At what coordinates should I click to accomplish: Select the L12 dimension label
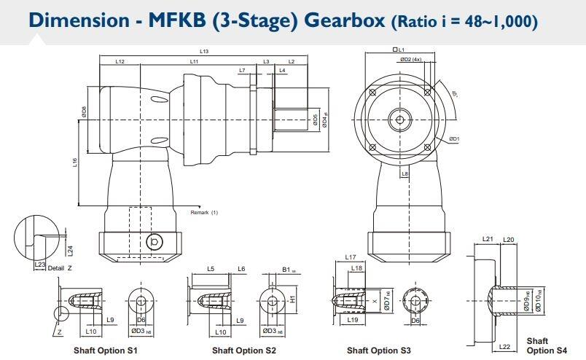click(x=120, y=62)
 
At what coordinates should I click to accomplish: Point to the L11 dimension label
click(x=194, y=62)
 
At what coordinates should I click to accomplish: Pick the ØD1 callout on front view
click(x=453, y=138)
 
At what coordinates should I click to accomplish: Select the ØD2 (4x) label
click(x=412, y=59)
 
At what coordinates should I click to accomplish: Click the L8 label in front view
click(x=405, y=173)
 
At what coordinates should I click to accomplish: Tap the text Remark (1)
click(x=204, y=212)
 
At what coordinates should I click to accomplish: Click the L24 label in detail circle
click(x=71, y=250)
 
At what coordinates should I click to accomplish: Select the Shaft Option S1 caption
click(x=106, y=351)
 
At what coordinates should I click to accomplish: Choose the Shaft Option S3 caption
click(x=379, y=351)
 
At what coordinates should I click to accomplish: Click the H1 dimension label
click(x=292, y=298)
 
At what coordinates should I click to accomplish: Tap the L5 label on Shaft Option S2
click(x=211, y=269)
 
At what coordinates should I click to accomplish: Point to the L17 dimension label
click(x=350, y=257)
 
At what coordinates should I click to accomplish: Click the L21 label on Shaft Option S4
click(x=488, y=239)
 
